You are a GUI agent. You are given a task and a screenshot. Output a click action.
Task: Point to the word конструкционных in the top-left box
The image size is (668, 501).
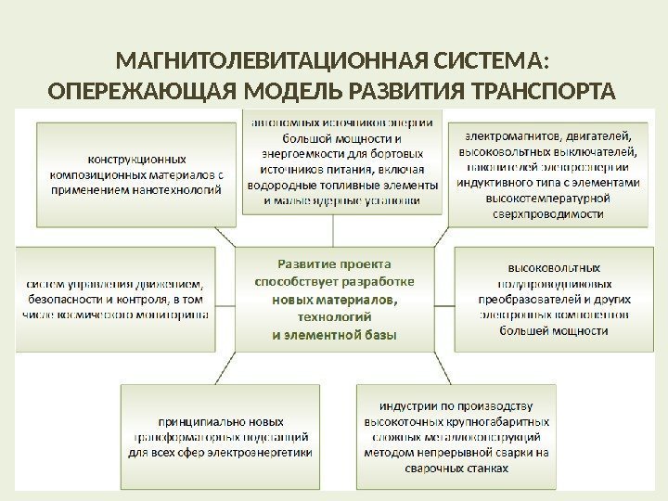pyautogui.click(x=136, y=158)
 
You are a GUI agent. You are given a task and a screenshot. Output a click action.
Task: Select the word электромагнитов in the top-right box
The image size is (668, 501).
pyautogui.click(x=508, y=134)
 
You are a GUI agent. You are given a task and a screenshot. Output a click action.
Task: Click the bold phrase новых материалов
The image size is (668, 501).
pyautogui.click(x=334, y=300)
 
